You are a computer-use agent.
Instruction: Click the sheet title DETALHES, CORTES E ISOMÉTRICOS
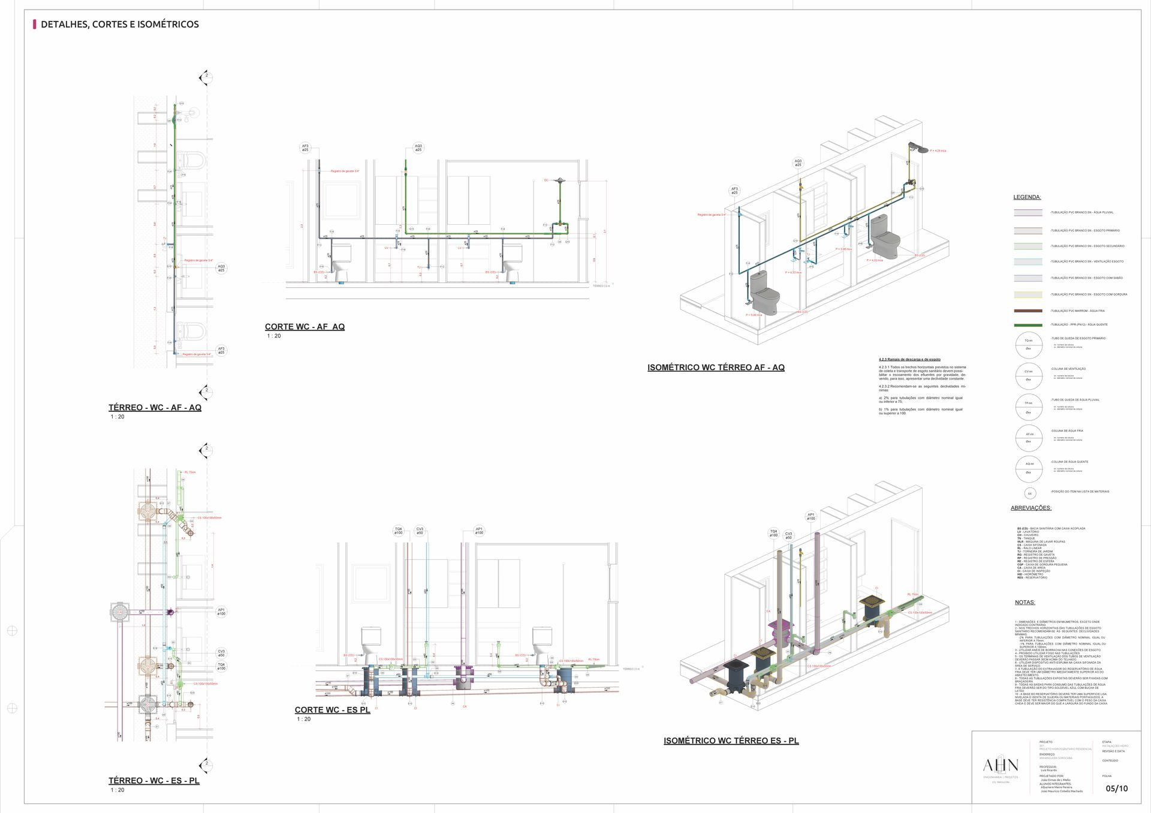pos(120,25)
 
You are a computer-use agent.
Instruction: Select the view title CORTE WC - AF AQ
pos(305,327)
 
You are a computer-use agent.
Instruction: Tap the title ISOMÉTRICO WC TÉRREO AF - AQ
pos(716,368)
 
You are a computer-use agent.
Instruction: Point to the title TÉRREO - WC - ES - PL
pos(154,781)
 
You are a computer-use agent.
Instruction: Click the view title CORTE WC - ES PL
pos(332,710)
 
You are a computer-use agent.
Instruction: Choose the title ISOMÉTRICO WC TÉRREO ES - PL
pos(731,741)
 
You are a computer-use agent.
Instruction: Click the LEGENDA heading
pos(1027,197)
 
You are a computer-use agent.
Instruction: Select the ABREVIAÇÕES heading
pos(1031,508)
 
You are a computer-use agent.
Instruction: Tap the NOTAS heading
pos(1025,602)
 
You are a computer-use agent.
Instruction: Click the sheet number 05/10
pos(1116,788)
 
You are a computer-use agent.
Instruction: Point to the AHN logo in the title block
pos(1000,766)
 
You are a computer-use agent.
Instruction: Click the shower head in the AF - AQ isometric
pos(917,146)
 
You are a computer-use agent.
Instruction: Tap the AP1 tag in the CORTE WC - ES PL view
pos(479,531)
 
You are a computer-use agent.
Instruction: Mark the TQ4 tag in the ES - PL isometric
pos(773,533)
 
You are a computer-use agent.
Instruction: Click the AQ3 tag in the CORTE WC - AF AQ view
pos(418,147)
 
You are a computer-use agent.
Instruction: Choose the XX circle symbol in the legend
pos(1030,493)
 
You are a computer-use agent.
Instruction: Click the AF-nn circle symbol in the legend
pos(1029,438)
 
